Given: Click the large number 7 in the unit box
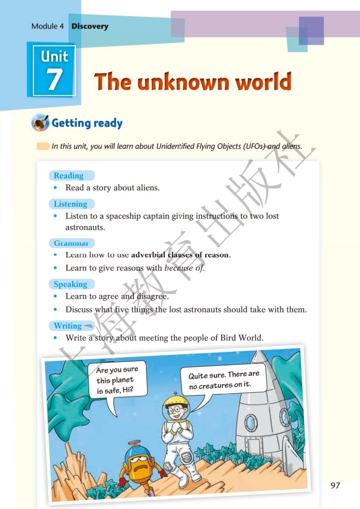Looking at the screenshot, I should [54, 79].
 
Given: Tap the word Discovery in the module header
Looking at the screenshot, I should [90, 26].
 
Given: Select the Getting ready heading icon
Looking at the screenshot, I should [40, 123].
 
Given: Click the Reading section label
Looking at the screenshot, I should [69, 176].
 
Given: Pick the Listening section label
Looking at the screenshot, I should [70, 204].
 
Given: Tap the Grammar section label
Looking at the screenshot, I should [71, 243].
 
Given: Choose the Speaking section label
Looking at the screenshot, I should [70, 284].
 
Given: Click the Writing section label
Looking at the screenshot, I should [68, 326].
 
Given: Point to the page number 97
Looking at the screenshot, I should [335, 485].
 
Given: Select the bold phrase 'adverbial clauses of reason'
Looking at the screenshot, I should [180, 254].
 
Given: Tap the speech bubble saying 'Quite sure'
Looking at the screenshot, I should [224, 380].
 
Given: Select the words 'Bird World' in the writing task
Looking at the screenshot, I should [242, 337].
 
